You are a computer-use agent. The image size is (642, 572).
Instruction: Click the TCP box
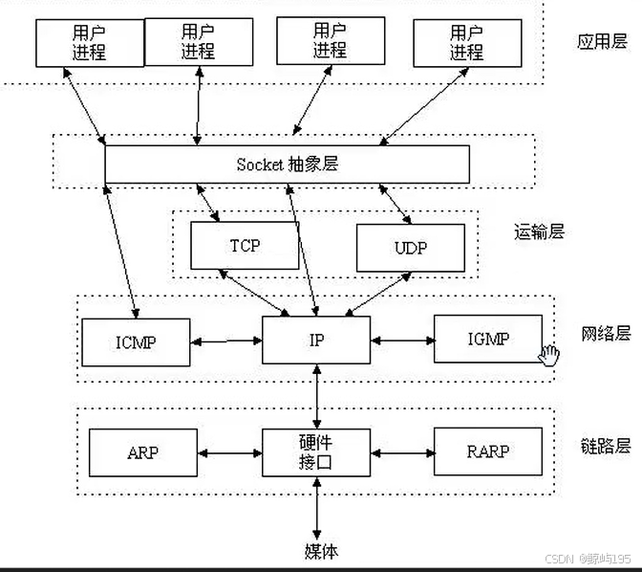(245, 245)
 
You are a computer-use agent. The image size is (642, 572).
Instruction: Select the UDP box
(410, 248)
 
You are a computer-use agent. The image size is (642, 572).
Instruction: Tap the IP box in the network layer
(315, 340)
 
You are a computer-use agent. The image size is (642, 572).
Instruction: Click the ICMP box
(136, 341)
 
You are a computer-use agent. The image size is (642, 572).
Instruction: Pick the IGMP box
(487, 339)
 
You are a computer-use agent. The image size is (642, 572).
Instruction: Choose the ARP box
(142, 452)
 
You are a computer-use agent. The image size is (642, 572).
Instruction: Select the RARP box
(487, 451)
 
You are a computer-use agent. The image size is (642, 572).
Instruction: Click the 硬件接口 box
(314, 452)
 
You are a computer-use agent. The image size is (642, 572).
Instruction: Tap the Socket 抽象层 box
(287, 164)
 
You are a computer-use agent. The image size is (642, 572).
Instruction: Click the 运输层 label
(539, 231)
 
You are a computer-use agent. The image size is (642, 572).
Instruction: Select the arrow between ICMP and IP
(226, 341)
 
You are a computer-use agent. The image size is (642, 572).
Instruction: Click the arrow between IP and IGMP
(401, 340)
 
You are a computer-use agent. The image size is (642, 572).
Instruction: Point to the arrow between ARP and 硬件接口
(229, 452)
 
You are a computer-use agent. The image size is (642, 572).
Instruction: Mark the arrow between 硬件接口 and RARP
(401, 452)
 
